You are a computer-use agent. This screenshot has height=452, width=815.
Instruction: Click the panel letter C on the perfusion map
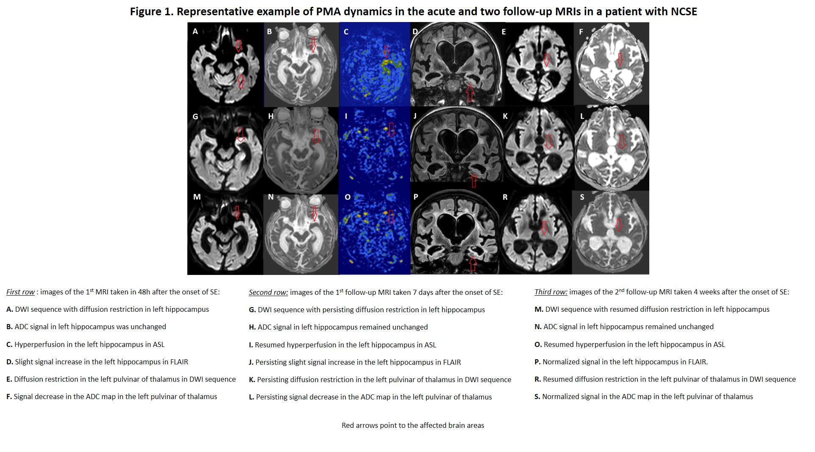346,32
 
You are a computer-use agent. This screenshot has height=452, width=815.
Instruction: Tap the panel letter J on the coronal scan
415,116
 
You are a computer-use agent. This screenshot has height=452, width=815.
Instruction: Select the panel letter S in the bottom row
582,197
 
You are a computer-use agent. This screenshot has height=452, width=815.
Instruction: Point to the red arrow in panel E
546,60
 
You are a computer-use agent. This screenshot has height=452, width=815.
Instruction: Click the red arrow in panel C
386,52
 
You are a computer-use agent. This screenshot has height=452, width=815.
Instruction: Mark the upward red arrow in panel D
470,93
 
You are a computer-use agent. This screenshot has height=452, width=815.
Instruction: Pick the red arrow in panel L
621,141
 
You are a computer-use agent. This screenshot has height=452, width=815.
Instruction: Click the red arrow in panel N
314,214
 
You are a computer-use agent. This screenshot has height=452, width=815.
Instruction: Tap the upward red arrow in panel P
473,263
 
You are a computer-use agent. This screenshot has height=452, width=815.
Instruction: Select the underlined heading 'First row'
20,292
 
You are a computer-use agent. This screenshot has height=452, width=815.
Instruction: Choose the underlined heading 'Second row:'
268,292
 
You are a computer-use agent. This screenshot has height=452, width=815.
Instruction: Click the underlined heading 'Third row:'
551,292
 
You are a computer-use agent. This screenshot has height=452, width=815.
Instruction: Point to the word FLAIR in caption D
179,362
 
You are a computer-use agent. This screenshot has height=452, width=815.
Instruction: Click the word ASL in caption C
159,344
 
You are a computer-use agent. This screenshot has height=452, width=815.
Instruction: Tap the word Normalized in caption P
561,362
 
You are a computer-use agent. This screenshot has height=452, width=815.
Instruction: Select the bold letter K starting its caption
252,380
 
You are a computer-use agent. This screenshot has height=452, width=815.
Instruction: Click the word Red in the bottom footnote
348,425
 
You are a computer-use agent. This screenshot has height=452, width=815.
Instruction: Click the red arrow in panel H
316,136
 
